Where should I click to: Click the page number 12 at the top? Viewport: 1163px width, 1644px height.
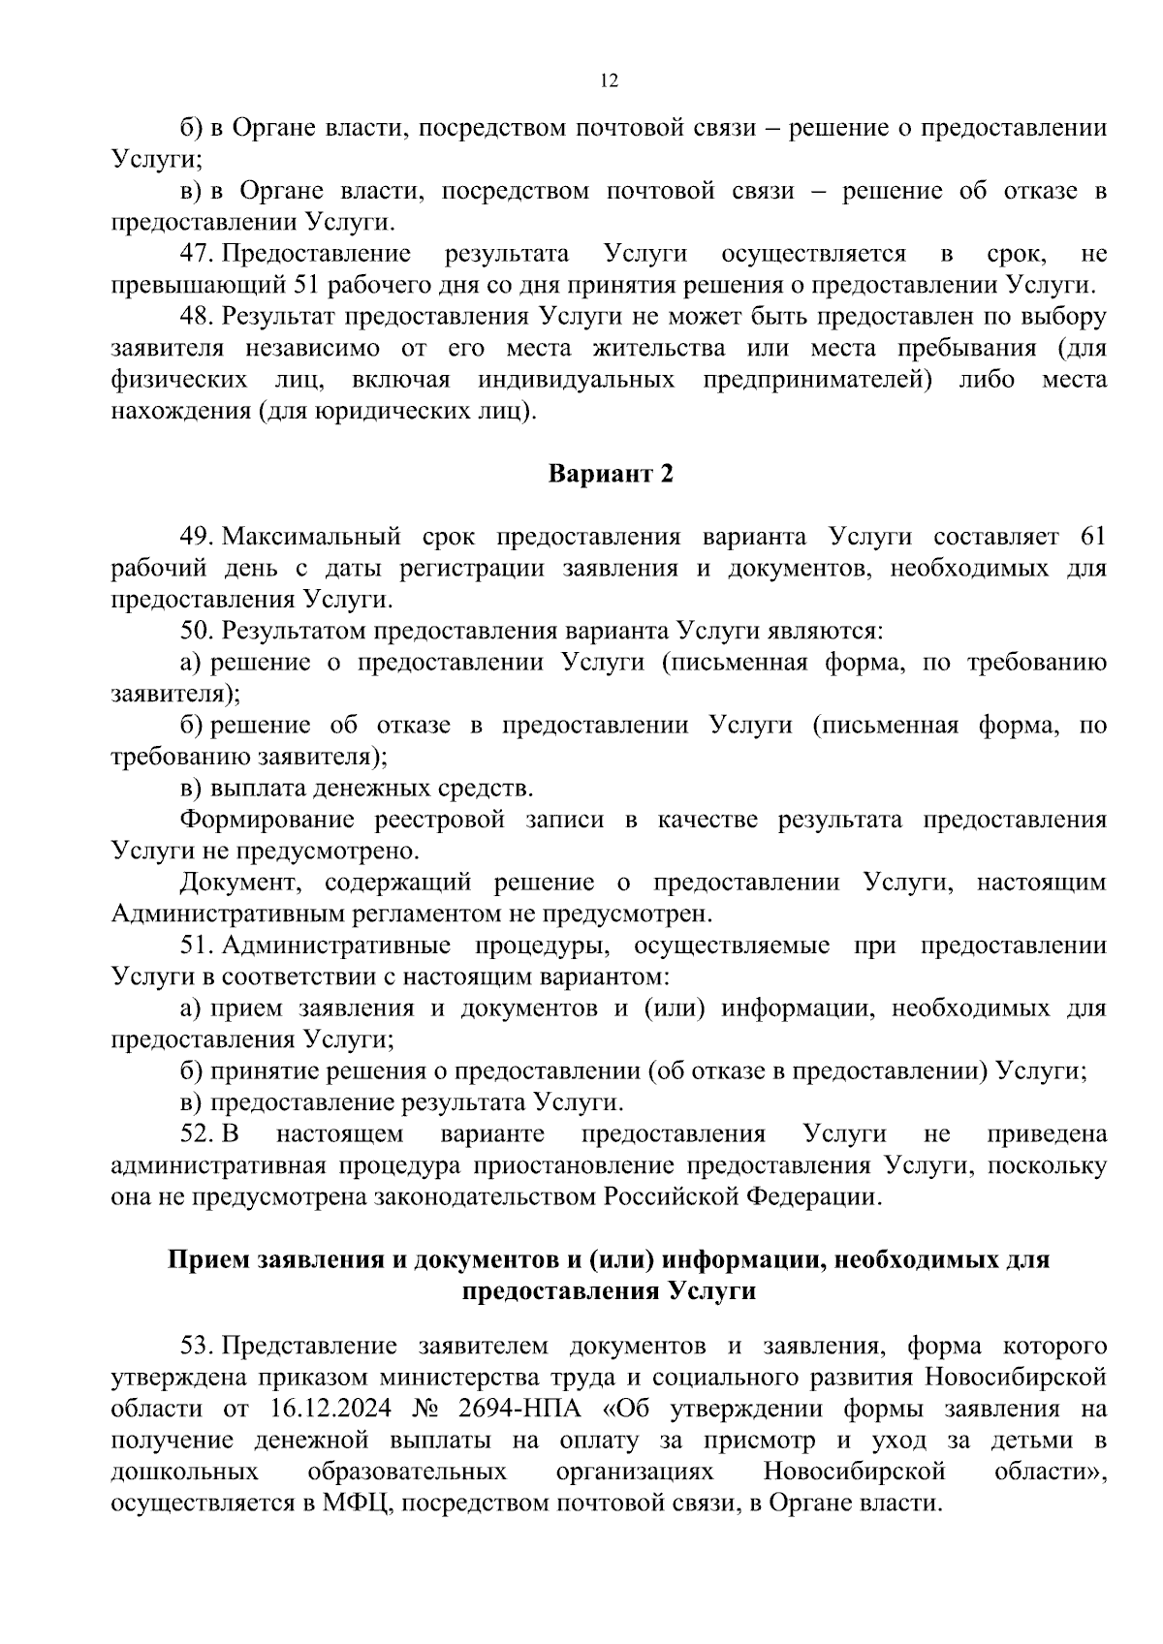pos(610,80)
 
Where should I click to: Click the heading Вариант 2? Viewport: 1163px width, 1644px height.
pos(610,474)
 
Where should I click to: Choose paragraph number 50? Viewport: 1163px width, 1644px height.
pos(196,632)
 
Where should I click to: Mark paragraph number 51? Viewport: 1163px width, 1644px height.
pos(196,946)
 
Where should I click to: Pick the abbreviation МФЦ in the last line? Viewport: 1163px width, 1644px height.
pos(353,1504)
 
